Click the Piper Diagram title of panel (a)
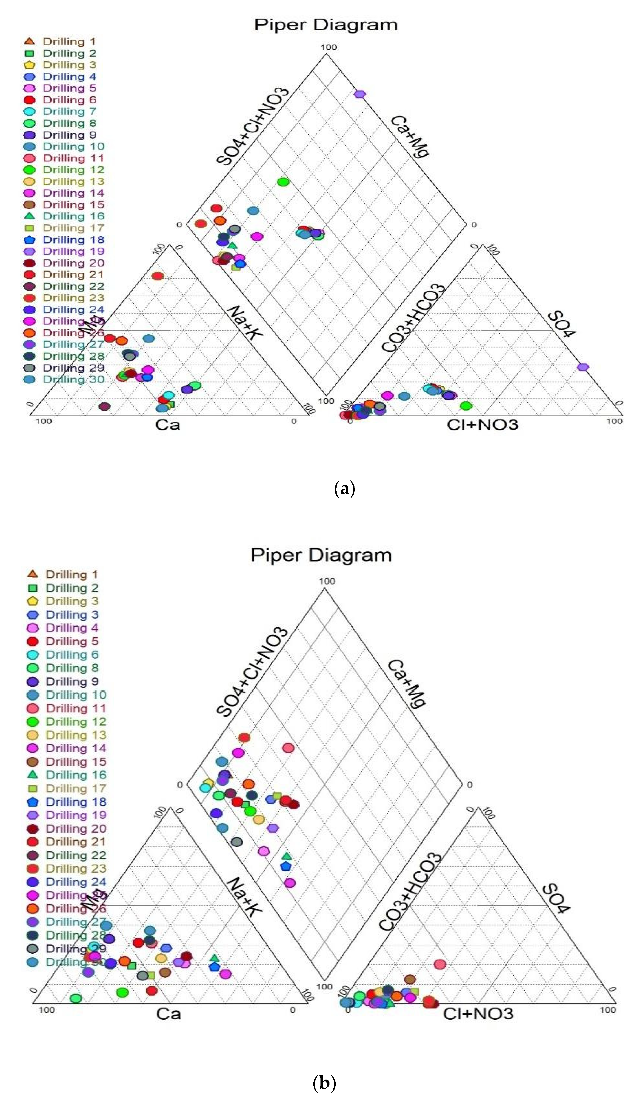pos(326,25)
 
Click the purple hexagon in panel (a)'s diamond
pos(360,94)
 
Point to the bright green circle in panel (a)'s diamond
pos(283,181)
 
